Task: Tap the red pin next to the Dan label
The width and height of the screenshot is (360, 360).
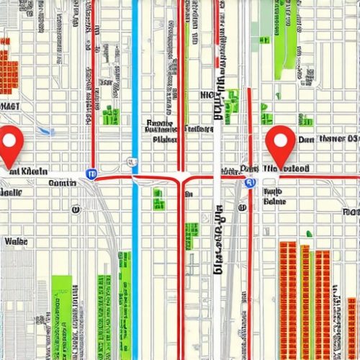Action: pyautogui.click(x=281, y=143)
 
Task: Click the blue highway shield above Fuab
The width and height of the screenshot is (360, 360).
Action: pyautogui.click(x=250, y=183)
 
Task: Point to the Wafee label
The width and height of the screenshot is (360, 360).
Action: pyautogui.click(x=15, y=242)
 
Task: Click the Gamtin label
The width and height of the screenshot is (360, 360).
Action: pyautogui.click(x=61, y=183)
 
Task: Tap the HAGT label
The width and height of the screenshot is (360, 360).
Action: pyautogui.click(x=10, y=106)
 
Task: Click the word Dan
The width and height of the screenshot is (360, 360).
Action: pyautogui.click(x=306, y=139)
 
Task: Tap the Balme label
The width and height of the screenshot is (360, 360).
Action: pyautogui.click(x=274, y=202)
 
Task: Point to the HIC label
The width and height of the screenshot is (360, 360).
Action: pyautogui.click(x=211, y=94)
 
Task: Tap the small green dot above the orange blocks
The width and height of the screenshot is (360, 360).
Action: pyautogui.click(x=309, y=233)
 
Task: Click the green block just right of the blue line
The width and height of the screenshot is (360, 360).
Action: pyautogui.click(x=158, y=199)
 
